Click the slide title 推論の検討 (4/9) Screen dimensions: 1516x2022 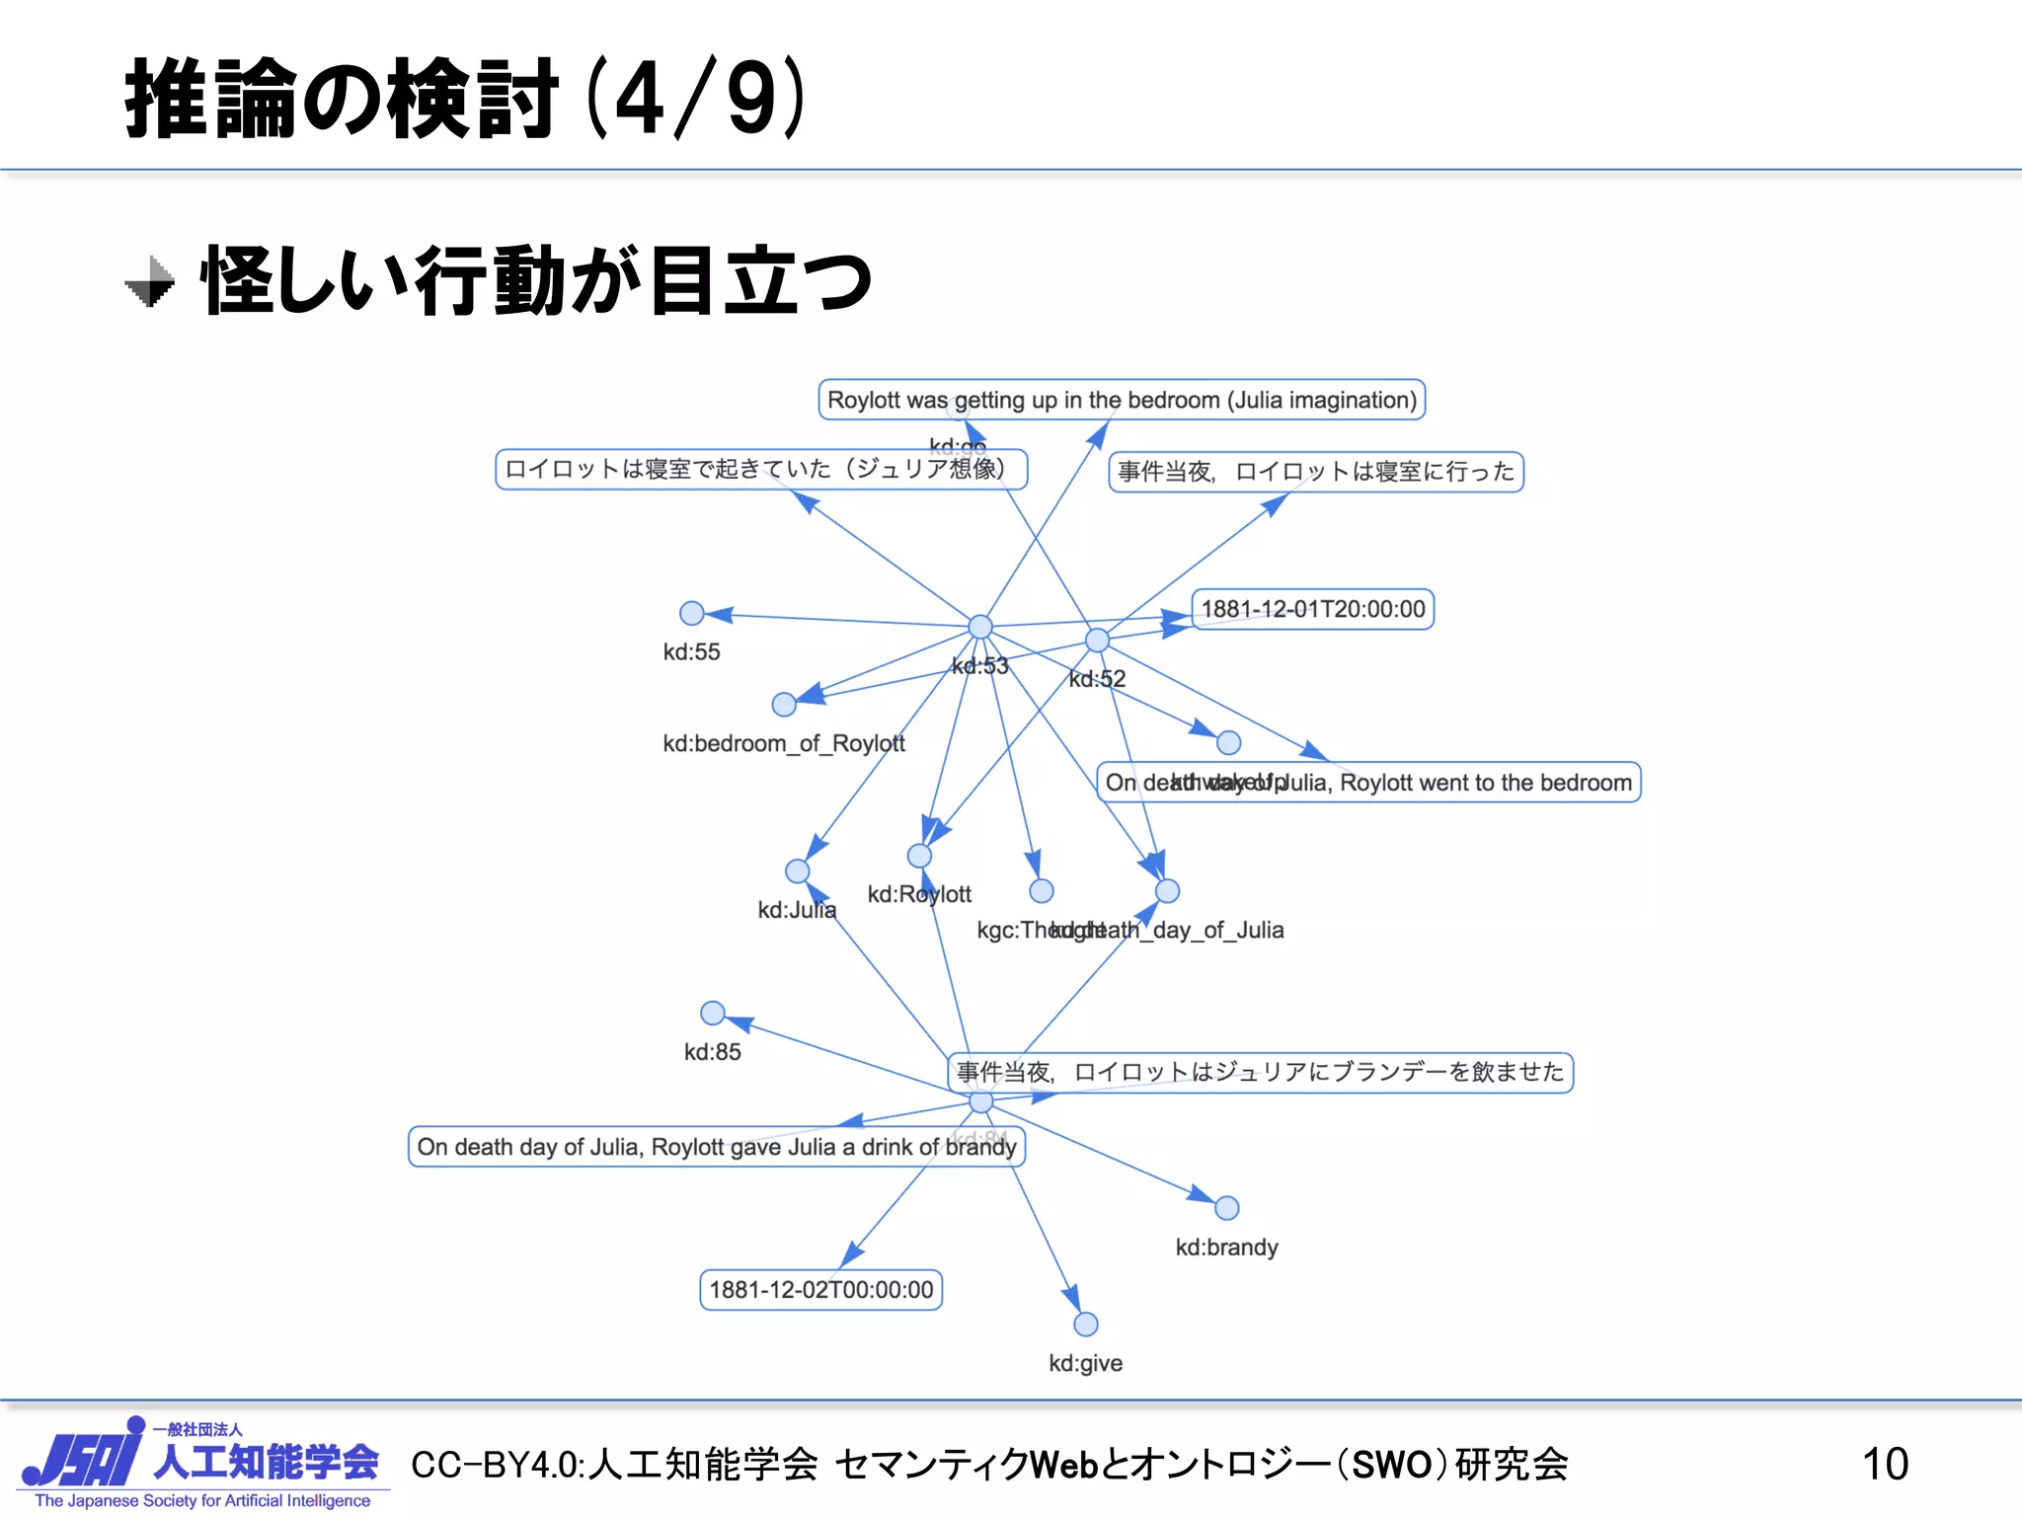tap(464, 99)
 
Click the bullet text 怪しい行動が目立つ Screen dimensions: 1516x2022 tap(536, 281)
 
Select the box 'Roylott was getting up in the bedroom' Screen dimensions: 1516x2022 tap(1122, 400)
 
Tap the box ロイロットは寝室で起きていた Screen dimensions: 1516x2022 tap(760, 469)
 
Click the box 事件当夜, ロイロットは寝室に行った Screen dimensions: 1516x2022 tap(1315, 472)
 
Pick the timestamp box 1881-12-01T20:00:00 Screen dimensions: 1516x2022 tap(1312, 609)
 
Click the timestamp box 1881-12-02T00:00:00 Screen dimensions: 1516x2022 tap(820, 1290)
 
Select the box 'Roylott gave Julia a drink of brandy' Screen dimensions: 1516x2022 tap(716, 1147)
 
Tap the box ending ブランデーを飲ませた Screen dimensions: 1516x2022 tap(1260, 1072)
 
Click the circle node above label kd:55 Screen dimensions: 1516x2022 tap(692, 614)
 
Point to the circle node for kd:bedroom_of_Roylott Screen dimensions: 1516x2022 tap(784, 705)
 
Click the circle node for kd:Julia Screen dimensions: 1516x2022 tap(798, 872)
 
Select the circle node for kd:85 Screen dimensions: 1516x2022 tap(712, 1014)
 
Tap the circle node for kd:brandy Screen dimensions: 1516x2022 tap(1226, 1208)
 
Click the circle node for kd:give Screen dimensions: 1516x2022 tap(1085, 1325)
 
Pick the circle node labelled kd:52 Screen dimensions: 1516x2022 tap(1097, 641)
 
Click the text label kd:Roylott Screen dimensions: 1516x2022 tap(919, 894)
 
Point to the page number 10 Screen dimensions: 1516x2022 tap(1884, 1464)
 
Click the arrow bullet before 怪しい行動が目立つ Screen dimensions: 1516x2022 tap(150, 282)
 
